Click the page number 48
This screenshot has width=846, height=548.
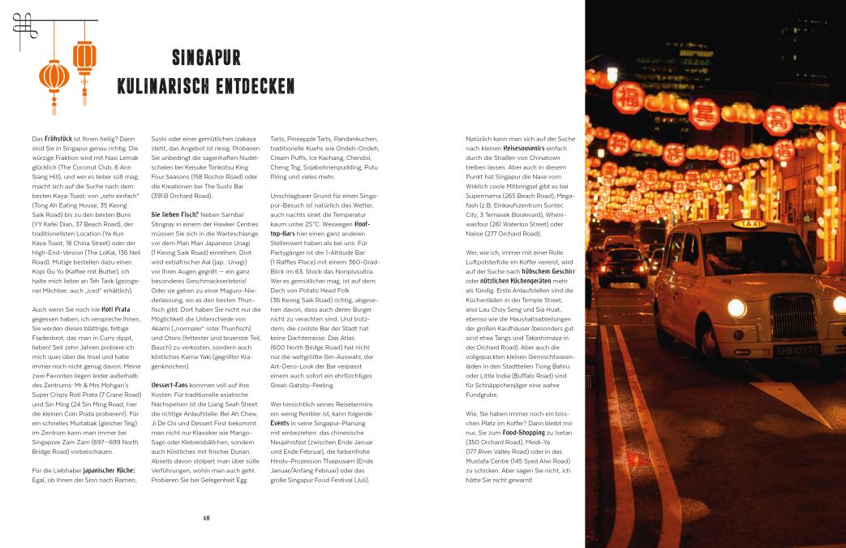pos(207,517)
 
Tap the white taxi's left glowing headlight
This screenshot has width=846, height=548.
pos(736,308)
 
